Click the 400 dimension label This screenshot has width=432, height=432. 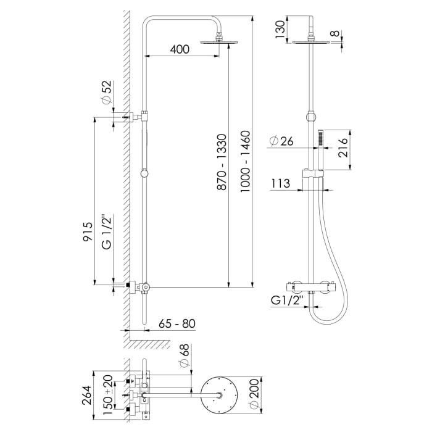(x=179, y=50)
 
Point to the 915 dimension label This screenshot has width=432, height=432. (x=88, y=233)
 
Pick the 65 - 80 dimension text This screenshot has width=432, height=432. (x=178, y=323)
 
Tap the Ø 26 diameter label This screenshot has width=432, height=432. (x=281, y=141)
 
